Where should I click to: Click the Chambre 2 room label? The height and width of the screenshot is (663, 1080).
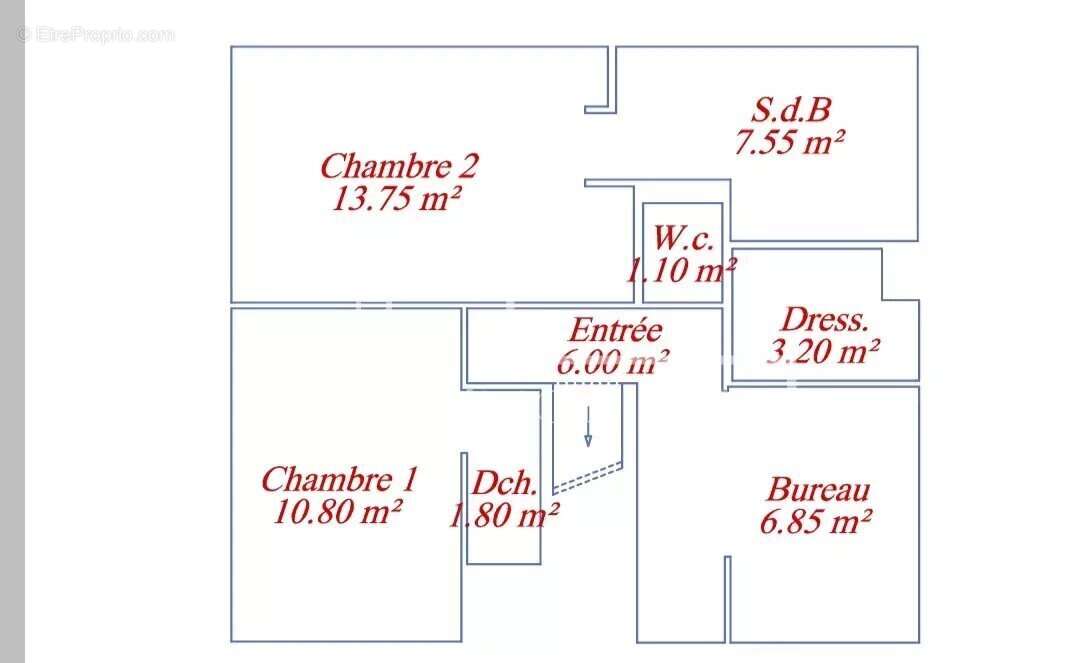coord(399,166)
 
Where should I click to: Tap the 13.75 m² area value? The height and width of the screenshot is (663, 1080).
coord(396,199)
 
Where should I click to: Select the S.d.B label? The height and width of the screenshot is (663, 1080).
coord(791,109)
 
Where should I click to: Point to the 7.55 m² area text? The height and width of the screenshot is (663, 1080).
coord(789,143)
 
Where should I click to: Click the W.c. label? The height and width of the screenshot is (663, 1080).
coord(683,238)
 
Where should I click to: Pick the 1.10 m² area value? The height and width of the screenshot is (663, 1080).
coord(681,269)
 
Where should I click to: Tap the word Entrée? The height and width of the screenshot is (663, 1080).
coord(615,330)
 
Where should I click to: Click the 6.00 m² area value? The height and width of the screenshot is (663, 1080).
coord(612,362)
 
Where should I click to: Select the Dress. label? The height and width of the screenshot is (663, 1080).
coord(825,319)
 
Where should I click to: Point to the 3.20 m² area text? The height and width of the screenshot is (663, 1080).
coord(823,351)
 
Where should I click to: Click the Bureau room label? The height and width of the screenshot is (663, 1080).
coord(818,490)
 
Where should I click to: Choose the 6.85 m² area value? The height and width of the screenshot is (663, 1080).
coord(816,521)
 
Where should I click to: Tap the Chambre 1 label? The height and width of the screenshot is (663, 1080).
coord(340,479)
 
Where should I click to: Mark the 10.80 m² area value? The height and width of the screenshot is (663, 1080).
coord(338,512)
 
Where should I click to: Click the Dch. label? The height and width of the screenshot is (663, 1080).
coord(504,483)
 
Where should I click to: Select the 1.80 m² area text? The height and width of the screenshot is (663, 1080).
coord(504,515)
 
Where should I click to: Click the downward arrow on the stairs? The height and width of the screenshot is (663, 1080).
coord(588,427)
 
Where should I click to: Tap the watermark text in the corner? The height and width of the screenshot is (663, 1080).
coord(96,34)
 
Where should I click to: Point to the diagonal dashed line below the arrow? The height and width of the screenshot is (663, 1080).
coord(588,478)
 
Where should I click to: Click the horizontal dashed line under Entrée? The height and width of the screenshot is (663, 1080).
coord(588,384)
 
